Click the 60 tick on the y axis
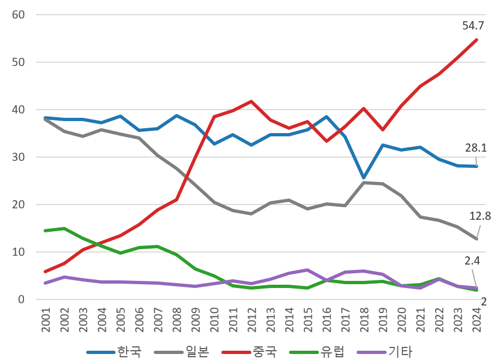(x=19, y=15)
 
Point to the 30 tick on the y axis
(x=19, y=157)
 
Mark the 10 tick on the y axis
(x=19, y=252)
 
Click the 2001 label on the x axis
(x=45, y=321)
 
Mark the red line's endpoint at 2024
(x=477, y=39)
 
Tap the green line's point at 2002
(x=64, y=229)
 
